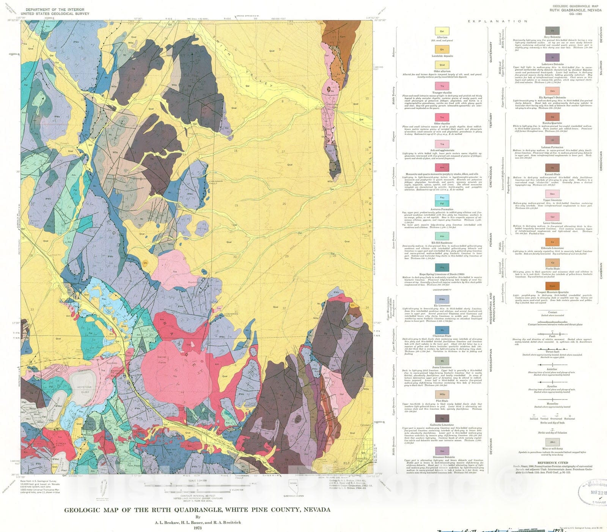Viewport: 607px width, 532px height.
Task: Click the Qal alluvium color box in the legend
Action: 442,31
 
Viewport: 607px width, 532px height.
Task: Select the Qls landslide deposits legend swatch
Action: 442,49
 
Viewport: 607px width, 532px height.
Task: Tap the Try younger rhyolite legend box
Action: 442,86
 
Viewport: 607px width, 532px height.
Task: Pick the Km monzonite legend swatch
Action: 442,167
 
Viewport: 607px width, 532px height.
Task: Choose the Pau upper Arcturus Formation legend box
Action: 442,198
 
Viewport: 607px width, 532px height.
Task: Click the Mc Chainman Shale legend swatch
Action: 442,330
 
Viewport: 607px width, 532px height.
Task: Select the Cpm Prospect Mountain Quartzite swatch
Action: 552,286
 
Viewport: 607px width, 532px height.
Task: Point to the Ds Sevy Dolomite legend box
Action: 552,30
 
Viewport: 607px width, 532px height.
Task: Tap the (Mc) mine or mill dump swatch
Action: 552,442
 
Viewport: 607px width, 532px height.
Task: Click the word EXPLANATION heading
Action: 497,21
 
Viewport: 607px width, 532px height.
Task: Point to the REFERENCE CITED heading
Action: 552,463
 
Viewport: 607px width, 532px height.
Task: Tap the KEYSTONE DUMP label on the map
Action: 85,390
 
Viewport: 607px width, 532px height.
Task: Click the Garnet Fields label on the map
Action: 162,360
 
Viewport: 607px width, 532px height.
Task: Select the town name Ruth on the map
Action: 48,368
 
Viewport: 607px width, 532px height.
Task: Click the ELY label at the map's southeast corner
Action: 346,463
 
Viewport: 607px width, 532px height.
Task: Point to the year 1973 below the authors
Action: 197,528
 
